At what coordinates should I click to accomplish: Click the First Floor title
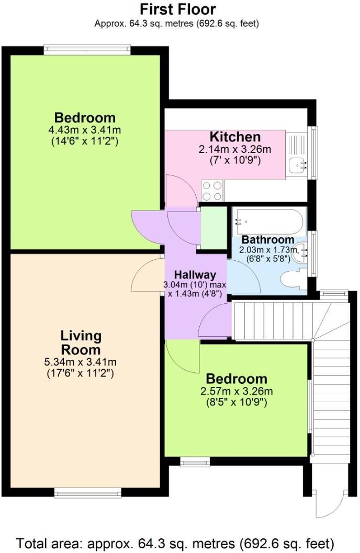(178, 9)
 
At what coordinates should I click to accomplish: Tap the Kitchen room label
(235, 137)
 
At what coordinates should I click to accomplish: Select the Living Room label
(81, 342)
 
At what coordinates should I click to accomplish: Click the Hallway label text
(195, 274)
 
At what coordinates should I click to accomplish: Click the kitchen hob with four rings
(212, 191)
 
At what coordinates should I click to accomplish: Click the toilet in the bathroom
(293, 279)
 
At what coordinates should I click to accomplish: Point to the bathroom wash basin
(301, 252)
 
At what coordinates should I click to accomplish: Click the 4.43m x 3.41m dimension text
(85, 130)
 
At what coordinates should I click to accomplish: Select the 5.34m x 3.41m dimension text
(81, 362)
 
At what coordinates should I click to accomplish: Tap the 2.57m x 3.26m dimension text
(237, 391)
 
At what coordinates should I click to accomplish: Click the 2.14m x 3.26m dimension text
(235, 149)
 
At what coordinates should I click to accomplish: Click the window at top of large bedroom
(87, 50)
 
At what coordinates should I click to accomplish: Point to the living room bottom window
(88, 492)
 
